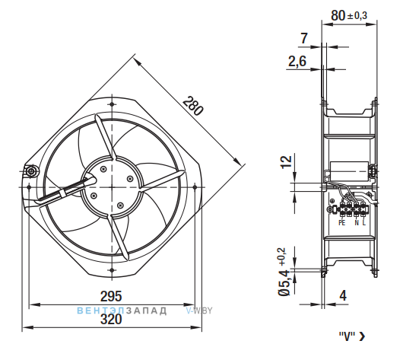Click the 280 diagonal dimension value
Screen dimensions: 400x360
(193, 106)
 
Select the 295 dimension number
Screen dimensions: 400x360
(111, 296)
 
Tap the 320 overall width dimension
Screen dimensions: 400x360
(111, 320)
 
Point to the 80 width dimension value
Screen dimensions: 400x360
(338, 15)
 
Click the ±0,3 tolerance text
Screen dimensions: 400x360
(357, 16)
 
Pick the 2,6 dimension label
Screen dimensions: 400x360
(297, 62)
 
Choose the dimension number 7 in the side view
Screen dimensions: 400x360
(304, 39)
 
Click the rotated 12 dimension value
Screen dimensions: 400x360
(286, 161)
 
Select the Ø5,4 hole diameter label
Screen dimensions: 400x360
(284, 282)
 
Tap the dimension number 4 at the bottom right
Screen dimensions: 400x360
(343, 295)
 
